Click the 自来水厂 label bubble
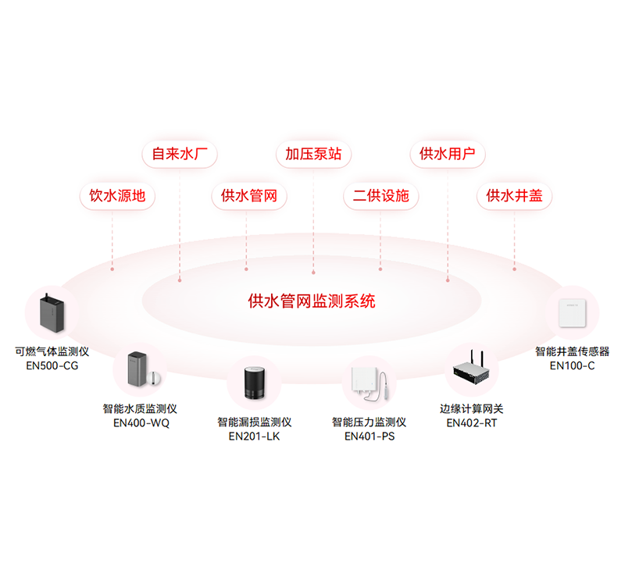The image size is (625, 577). [179, 154]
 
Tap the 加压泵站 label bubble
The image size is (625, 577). [313, 154]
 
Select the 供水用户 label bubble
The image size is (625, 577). [448, 154]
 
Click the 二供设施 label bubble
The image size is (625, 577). [380, 195]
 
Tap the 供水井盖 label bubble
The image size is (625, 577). [514, 195]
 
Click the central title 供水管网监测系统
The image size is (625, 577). [312, 301]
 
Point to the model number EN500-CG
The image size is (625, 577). [52, 365]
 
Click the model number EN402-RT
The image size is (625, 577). [472, 423]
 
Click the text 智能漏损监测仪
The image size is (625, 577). [254, 422]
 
